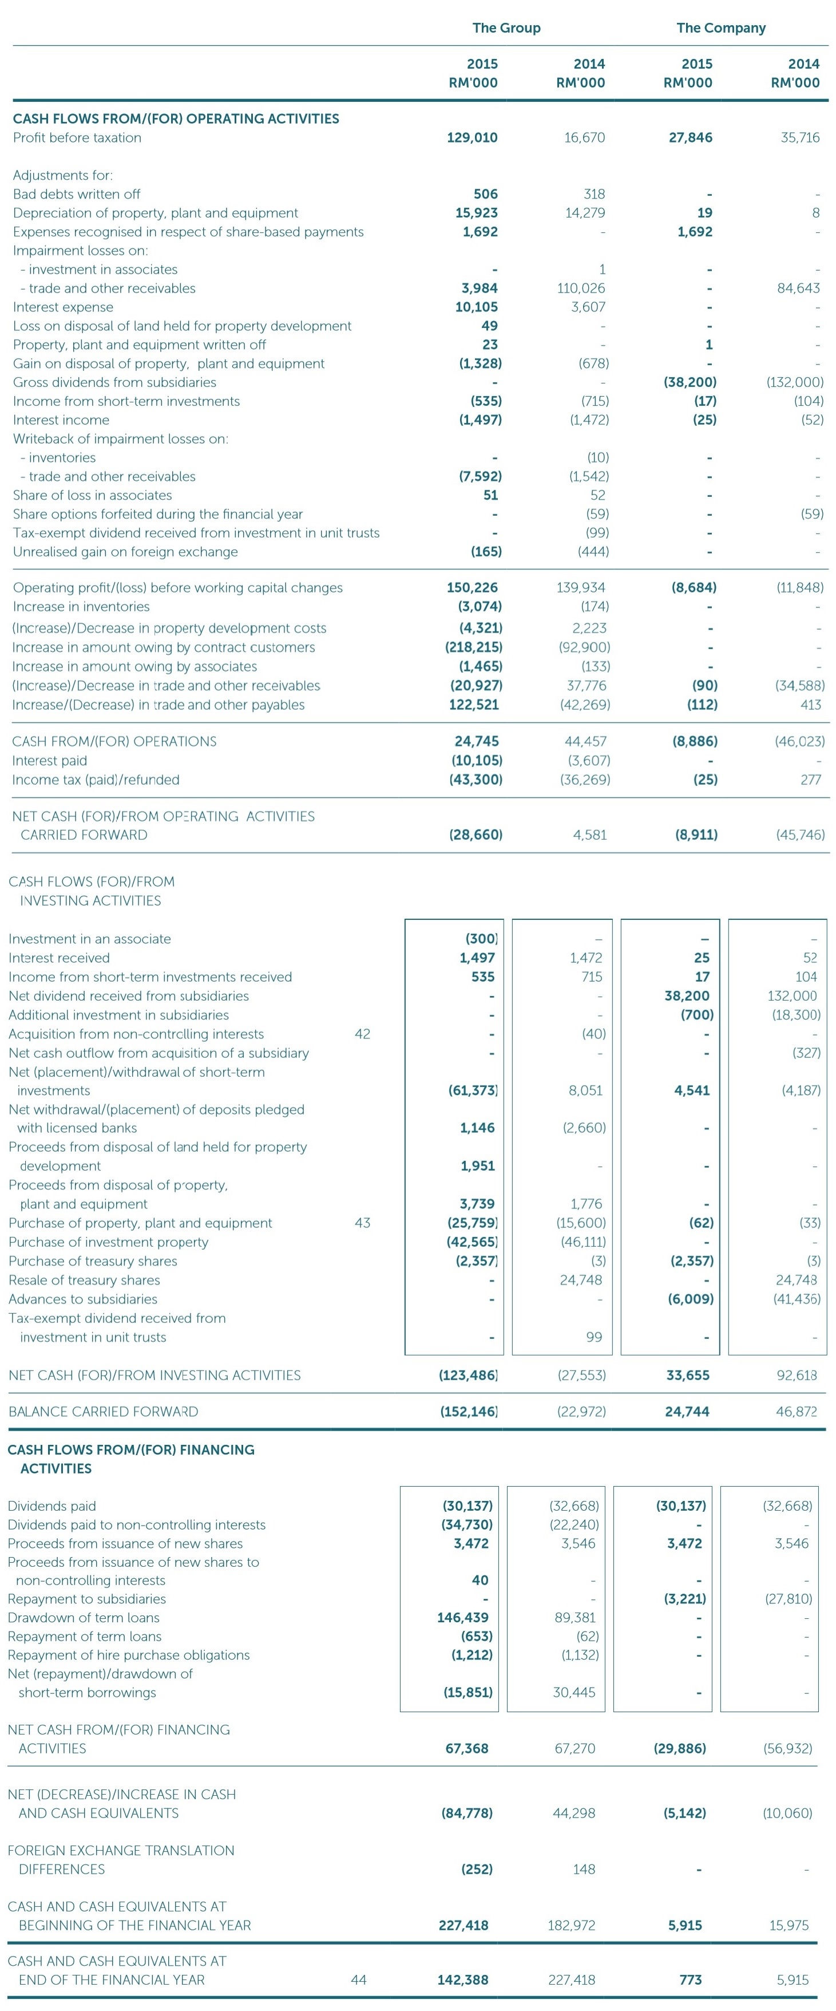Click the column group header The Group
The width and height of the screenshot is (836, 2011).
click(x=506, y=28)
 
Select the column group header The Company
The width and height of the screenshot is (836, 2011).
click(x=720, y=28)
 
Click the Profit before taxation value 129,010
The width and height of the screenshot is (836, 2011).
click(x=472, y=137)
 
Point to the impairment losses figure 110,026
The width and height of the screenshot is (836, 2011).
click(x=581, y=288)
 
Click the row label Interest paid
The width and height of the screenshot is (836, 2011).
click(x=49, y=760)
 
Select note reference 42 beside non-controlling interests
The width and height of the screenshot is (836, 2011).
click(x=362, y=1034)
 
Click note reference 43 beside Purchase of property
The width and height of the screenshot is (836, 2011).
click(x=362, y=1223)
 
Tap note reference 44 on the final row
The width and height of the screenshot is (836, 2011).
click(x=358, y=1979)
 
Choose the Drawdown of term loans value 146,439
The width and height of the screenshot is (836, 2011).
click(x=462, y=1618)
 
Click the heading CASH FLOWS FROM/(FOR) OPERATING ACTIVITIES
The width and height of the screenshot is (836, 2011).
click(x=176, y=118)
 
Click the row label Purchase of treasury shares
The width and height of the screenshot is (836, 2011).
click(x=93, y=1261)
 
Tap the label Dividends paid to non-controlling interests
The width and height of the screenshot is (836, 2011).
click(x=137, y=1524)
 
